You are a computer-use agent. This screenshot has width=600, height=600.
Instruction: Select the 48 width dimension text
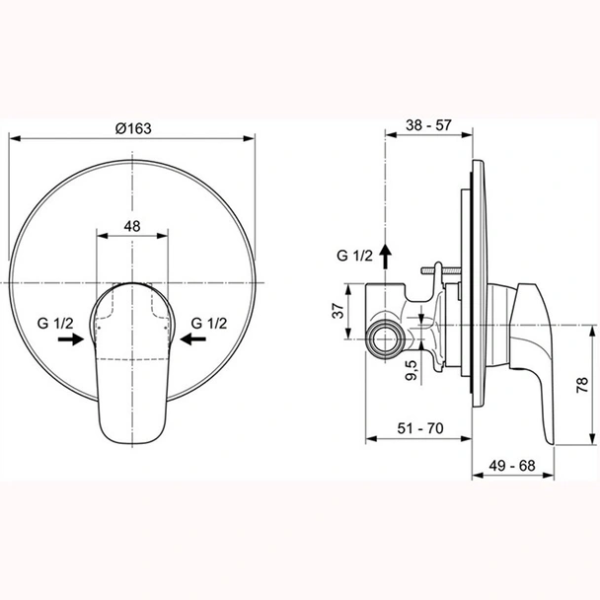pos(132,225)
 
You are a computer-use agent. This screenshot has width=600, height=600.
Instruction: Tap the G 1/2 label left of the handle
pos(56,322)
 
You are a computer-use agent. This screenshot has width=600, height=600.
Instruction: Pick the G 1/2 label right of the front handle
pos(211,322)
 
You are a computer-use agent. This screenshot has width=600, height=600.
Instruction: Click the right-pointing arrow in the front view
pos(69,338)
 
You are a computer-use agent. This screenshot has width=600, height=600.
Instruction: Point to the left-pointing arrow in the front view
pos(194,338)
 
